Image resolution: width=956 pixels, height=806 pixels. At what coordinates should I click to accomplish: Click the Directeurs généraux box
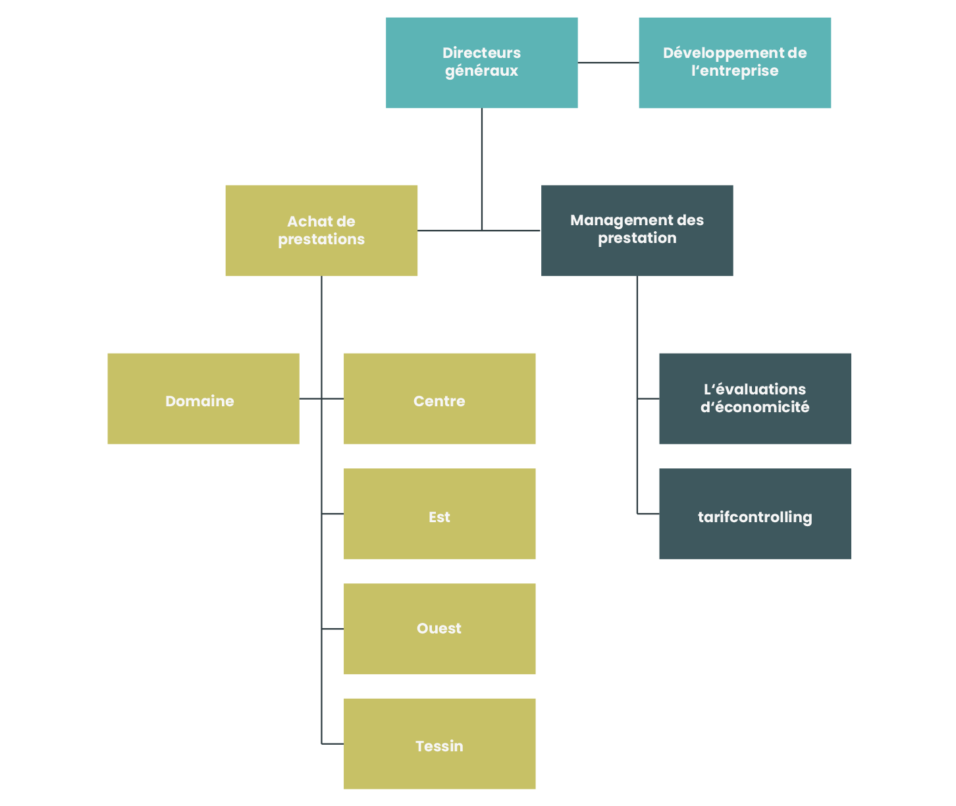[x=481, y=63]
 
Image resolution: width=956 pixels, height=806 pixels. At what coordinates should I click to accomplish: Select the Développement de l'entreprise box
[x=735, y=63]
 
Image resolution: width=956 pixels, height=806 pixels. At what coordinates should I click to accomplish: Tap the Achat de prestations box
[x=321, y=230]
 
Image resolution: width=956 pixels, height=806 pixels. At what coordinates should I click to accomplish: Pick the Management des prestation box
[x=637, y=230]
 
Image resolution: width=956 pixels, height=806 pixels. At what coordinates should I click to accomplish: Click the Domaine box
[x=203, y=398]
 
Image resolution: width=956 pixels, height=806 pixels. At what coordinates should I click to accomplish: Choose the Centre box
[x=439, y=398]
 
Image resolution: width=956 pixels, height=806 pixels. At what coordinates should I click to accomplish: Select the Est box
[x=439, y=514]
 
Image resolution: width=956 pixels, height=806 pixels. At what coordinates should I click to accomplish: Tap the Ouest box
[x=439, y=629]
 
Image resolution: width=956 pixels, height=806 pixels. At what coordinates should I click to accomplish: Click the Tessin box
[x=439, y=744]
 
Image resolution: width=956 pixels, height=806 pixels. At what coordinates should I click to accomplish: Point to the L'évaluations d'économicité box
[x=755, y=398]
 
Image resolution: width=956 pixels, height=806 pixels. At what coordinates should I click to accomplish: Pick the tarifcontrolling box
[x=755, y=514]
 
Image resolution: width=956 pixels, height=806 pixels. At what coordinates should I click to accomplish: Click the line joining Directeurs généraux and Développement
[x=608, y=63]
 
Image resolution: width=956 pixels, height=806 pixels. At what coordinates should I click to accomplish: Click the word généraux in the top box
[x=481, y=71]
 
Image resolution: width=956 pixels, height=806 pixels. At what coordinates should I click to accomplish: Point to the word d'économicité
[x=755, y=408]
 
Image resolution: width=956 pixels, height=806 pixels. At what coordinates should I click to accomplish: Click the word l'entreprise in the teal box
[x=735, y=71]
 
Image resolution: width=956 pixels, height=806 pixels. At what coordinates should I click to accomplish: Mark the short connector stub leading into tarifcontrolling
[x=649, y=514]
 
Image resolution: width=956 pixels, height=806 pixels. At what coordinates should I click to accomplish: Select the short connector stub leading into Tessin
[x=332, y=744]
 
